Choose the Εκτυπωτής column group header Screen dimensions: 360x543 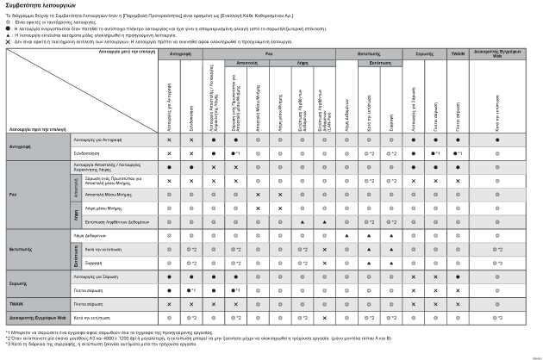(370, 53)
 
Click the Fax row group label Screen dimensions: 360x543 (14, 195)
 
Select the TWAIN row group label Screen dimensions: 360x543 (16, 304)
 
